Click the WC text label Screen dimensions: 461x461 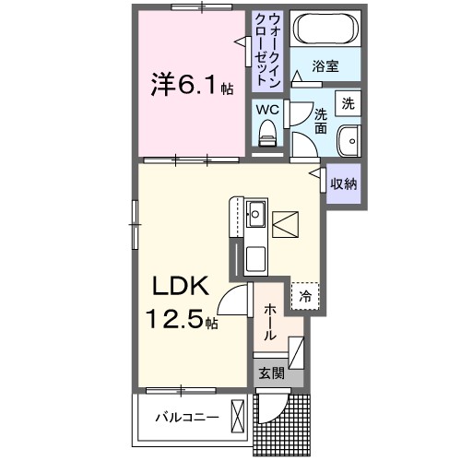(266, 110)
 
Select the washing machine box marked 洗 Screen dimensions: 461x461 (349, 103)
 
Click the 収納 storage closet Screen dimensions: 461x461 (343, 183)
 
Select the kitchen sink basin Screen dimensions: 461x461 (255, 219)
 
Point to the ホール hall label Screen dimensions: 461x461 (267, 325)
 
